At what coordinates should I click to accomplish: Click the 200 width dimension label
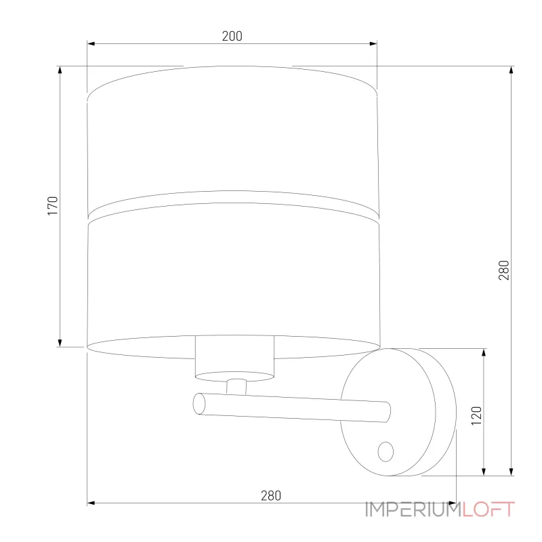coord(232,37)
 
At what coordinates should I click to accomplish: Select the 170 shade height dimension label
coord(54,206)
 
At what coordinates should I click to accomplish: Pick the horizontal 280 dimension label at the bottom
coord(270,495)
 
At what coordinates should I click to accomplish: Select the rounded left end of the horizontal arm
coord(199,404)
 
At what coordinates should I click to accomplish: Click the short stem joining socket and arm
coord(236,385)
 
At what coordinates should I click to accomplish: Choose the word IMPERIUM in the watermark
coord(412,509)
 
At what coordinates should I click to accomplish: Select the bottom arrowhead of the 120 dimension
coord(484,470)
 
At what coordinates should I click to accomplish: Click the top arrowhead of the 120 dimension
coord(484,353)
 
